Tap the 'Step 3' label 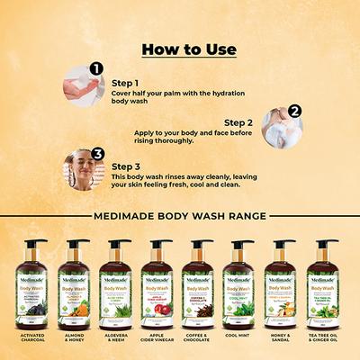[x=125, y=166]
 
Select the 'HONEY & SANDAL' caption [x=282, y=340]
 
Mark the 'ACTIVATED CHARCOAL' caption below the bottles [x=38, y=340]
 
